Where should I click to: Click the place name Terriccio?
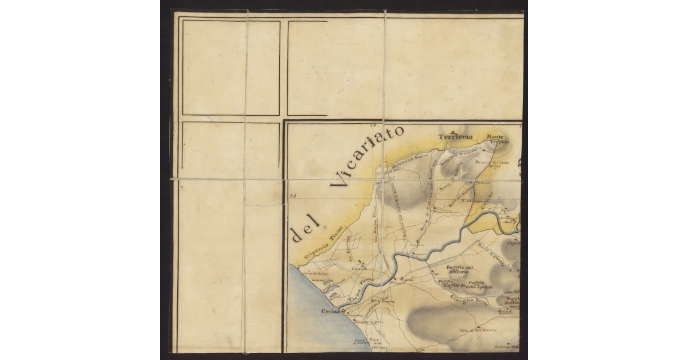pos(455,137)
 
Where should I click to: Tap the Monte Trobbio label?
pos(498,139)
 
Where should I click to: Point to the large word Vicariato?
pos(368,157)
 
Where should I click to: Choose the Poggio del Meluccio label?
pos(461,270)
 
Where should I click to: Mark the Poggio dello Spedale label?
pos(479,285)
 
